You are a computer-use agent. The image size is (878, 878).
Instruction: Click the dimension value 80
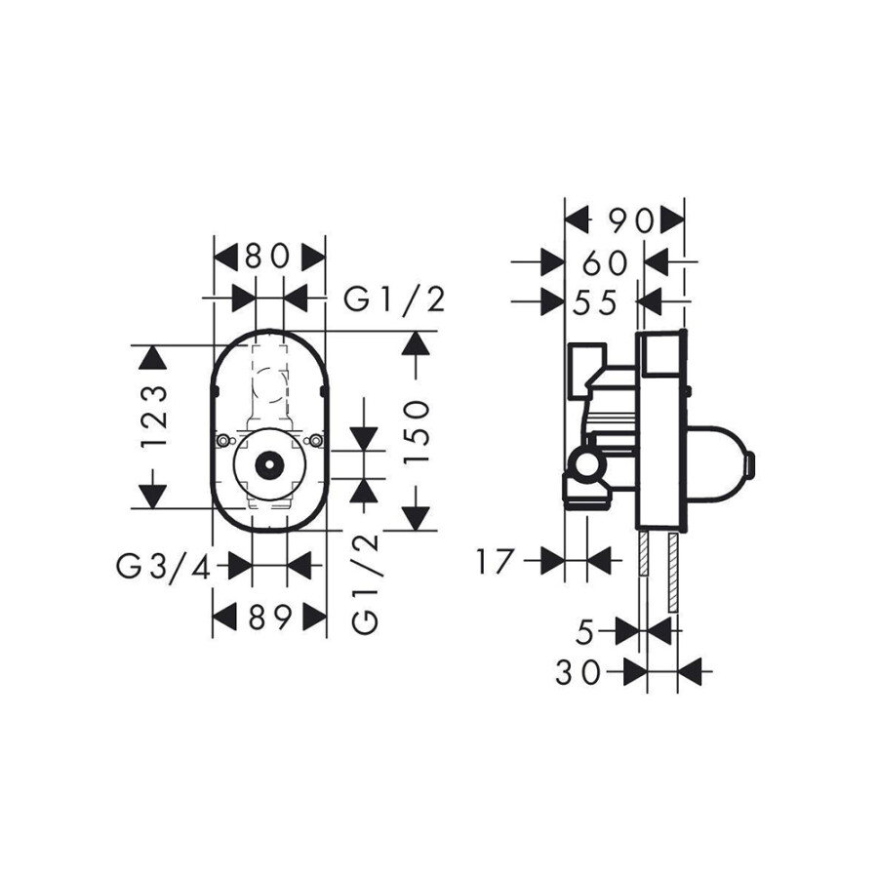tap(269, 257)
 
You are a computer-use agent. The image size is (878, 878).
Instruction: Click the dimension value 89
tap(269, 617)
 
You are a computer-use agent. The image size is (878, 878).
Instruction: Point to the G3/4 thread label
tap(165, 566)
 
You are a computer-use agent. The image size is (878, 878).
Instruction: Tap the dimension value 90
tap(624, 220)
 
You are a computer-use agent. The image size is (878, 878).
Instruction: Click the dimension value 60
tap(604, 262)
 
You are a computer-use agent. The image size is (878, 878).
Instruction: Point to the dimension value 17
tap(497, 562)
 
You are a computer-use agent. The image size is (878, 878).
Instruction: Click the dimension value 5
tap(584, 633)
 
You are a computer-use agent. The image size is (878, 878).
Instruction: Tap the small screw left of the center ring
tap(224, 443)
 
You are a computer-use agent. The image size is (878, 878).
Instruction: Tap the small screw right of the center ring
tap(313, 443)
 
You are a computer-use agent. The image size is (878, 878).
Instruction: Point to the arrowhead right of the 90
tap(671, 220)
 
